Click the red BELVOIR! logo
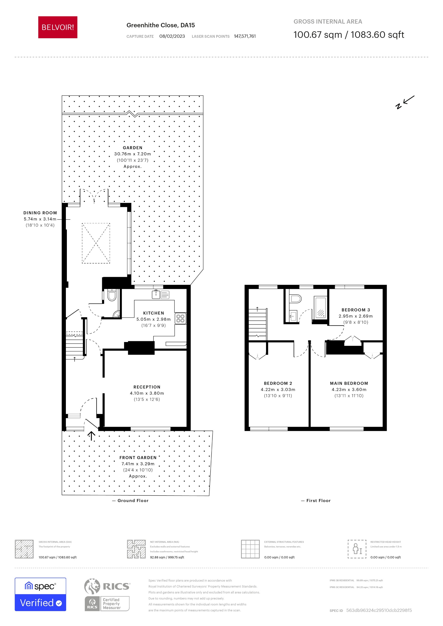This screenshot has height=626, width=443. [58, 27]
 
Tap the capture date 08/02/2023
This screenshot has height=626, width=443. [172, 36]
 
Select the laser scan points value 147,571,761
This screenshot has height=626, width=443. [245, 36]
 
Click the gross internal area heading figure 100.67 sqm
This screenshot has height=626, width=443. [317, 35]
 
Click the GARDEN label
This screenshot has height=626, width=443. [132, 148]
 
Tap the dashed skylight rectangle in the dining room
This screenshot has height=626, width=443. [96, 243]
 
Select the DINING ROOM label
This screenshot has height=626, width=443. [40, 213]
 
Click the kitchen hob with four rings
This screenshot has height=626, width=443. [180, 318]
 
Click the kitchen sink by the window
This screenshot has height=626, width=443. [156, 294]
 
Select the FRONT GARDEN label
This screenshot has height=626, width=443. [138, 458]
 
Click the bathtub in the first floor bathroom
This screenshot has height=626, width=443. [320, 308]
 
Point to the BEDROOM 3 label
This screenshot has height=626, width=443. [355, 310]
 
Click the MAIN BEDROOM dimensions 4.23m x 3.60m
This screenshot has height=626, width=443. [349, 390]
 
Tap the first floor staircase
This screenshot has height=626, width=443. [258, 324]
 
